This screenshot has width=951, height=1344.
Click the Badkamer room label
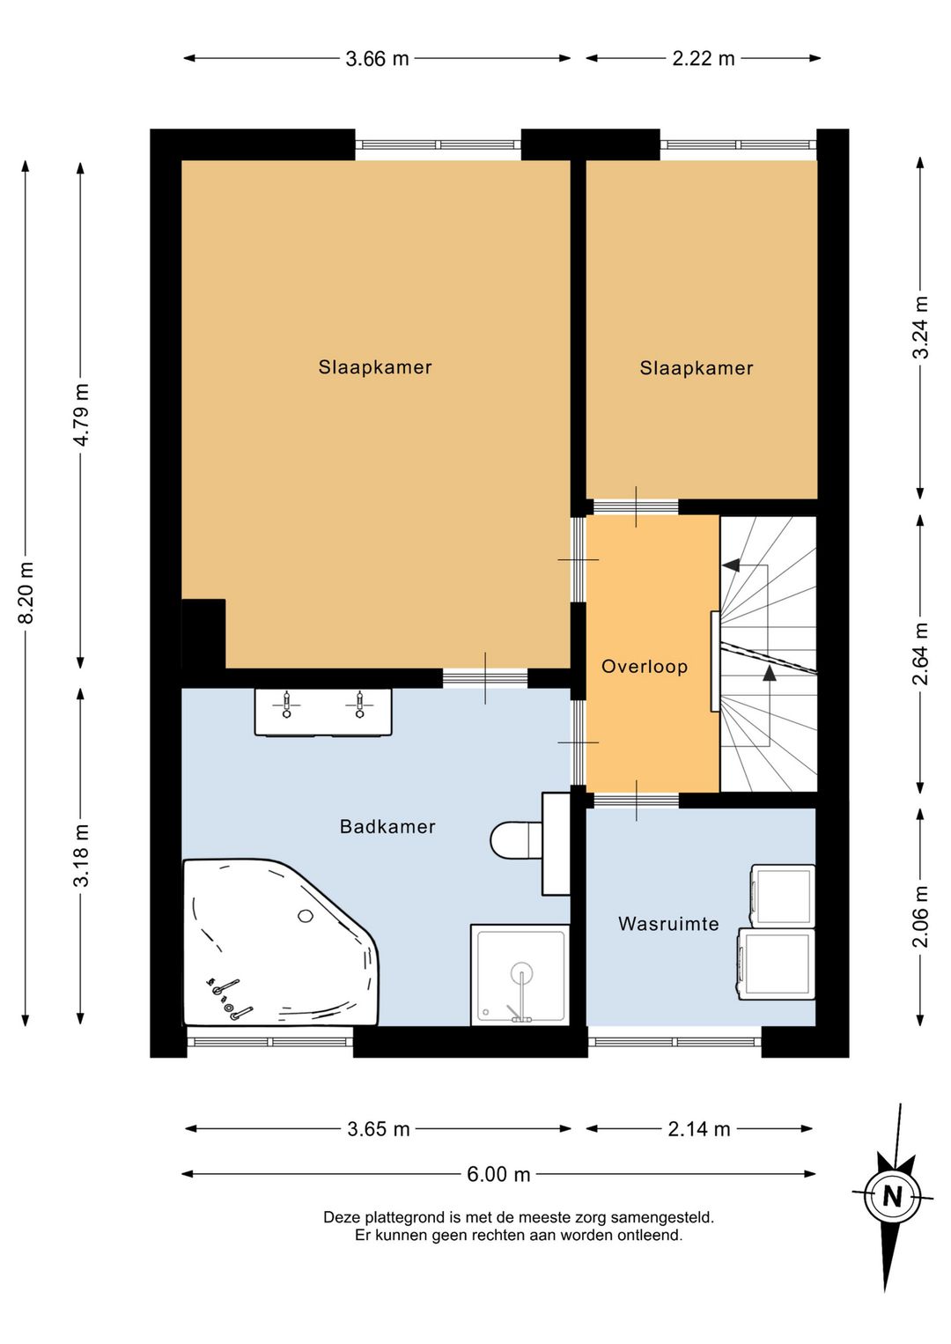pos(387,827)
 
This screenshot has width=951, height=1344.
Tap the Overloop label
pos(645,667)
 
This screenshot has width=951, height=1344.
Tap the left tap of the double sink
pos(287,704)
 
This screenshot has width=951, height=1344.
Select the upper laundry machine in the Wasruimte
pos(783,896)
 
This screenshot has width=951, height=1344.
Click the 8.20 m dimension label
pos(26,593)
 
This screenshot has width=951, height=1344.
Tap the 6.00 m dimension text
pos(498,1174)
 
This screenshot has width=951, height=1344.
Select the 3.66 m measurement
pos(378,59)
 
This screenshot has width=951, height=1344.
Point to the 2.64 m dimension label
pos(920,654)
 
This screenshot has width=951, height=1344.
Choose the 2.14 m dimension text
pos(699,1129)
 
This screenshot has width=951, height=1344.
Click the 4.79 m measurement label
pos(81,415)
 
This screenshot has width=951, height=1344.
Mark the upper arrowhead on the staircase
pos(730,565)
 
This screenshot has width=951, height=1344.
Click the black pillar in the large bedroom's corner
pos(204,633)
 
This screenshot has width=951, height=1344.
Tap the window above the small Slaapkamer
pos(739,144)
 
